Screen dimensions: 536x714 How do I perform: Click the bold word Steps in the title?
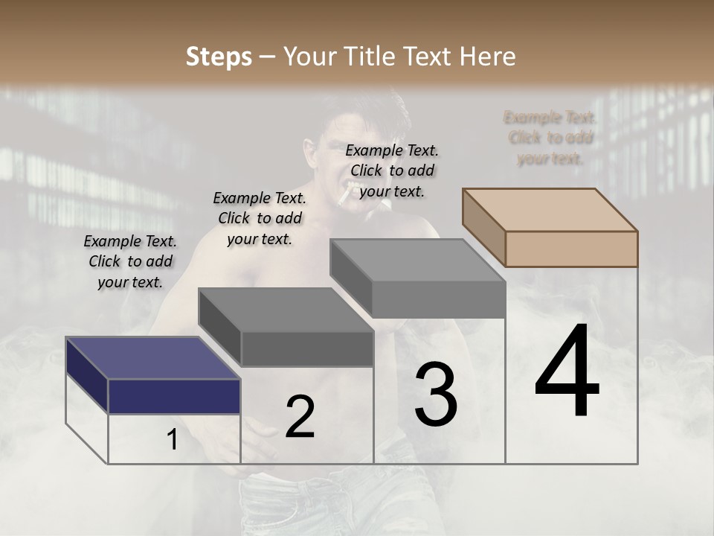[x=219, y=57]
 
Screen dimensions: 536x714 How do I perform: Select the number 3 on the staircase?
[x=436, y=395]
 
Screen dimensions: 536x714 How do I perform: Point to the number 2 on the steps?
[x=300, y=417]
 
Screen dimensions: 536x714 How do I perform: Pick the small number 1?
[x=173, y=440]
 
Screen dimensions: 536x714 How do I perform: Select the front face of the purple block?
[x=174, y=395]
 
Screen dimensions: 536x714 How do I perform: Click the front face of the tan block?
[x=571, y=249]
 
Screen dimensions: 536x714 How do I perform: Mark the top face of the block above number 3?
[x=417, y=260]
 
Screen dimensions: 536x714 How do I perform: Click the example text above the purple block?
[x=130, y=261]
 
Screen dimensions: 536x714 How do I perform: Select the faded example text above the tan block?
[x=550, y=138]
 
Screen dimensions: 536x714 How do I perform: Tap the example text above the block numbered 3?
[x=392, y=170]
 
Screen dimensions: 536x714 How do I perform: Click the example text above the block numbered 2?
[x=260, y=218]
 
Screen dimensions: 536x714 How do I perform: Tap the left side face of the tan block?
[x=483, y=226]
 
